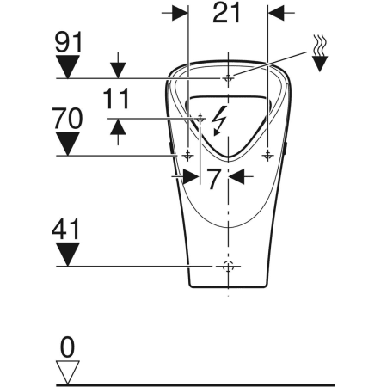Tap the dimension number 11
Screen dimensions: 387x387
118,98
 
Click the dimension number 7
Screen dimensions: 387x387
214,177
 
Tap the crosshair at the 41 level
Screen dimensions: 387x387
228,266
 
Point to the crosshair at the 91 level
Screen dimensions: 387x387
228,78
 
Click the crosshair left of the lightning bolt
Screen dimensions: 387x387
200,118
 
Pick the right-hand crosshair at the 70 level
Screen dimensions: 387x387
267,155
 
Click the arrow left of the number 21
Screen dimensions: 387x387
178,13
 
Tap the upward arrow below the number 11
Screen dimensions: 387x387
118,127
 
